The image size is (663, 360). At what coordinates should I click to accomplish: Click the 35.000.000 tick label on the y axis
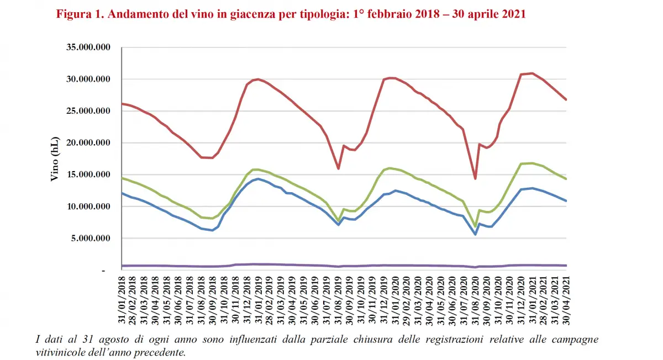[x=88, y=47]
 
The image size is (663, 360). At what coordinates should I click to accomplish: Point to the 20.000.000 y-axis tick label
[x=88, y=143]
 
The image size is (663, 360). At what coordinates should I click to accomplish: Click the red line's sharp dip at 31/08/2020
[x=475, y=178]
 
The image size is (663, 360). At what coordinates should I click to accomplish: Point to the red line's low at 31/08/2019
[x=338, y=168]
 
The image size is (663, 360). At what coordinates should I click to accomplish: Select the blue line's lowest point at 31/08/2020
[x=475, y=234]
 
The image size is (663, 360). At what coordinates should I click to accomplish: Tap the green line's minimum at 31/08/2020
[x=475, y=226]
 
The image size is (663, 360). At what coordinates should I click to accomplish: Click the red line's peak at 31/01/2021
[x=532, y=73]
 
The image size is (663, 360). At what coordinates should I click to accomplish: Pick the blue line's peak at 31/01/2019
[x=258, y=179]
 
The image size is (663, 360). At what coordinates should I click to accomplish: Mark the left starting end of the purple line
[x=122, y=266]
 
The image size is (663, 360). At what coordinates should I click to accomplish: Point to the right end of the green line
[x=566, y=179]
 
